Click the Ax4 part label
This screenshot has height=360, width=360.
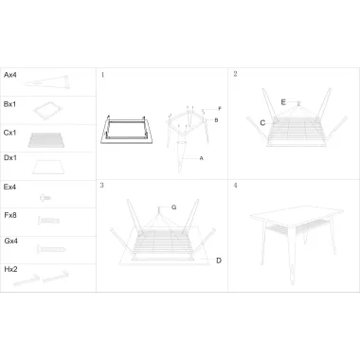(10, 75)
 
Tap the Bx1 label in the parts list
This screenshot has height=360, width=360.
(9, 104)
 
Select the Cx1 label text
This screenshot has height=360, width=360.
(10, 133)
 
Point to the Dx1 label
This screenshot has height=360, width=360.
(10, 157)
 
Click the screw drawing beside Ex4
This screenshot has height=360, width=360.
(45, 198)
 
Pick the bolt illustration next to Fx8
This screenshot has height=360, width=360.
(48, 220)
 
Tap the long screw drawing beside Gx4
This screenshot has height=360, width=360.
(51, 249)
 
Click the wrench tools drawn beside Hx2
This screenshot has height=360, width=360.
(41, 278)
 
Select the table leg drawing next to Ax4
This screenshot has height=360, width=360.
(46, 82)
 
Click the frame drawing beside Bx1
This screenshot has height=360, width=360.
(47, 110)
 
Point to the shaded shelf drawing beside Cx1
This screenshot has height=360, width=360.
(46, 140)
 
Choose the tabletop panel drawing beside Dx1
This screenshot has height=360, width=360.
(48, 168)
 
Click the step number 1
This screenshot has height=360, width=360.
(102, 75)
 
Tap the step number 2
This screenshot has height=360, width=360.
(235, 74)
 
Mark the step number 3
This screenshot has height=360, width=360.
(102, 185)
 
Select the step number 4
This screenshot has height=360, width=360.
(235, 185)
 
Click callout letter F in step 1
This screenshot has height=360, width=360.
(220, 109)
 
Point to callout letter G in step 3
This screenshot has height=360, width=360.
(173, 207)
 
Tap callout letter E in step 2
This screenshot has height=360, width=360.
(283, 102)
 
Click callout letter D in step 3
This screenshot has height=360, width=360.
(219, 261)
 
